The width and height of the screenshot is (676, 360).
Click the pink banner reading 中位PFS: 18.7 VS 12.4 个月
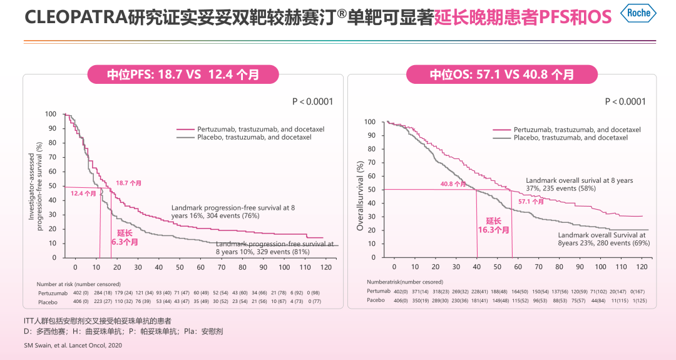pos(183,75)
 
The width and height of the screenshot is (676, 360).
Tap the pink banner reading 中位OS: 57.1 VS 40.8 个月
pos(501,75)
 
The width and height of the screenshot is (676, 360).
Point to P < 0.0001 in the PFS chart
pos(312,101)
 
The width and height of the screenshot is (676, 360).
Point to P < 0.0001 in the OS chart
pos(625,101)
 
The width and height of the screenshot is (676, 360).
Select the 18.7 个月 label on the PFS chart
pos(128,183)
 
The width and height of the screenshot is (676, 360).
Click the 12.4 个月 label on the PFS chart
pos(83,193)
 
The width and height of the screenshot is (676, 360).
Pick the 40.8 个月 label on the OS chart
pos(453,184)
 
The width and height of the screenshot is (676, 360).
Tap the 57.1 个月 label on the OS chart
pos(531,202)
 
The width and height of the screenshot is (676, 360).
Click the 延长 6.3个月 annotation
pos(125,237)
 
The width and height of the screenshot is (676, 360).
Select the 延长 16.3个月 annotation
pos(494,225)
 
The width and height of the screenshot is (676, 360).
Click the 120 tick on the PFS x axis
pos(325,267)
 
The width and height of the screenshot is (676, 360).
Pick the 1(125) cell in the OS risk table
pos(638,300)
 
